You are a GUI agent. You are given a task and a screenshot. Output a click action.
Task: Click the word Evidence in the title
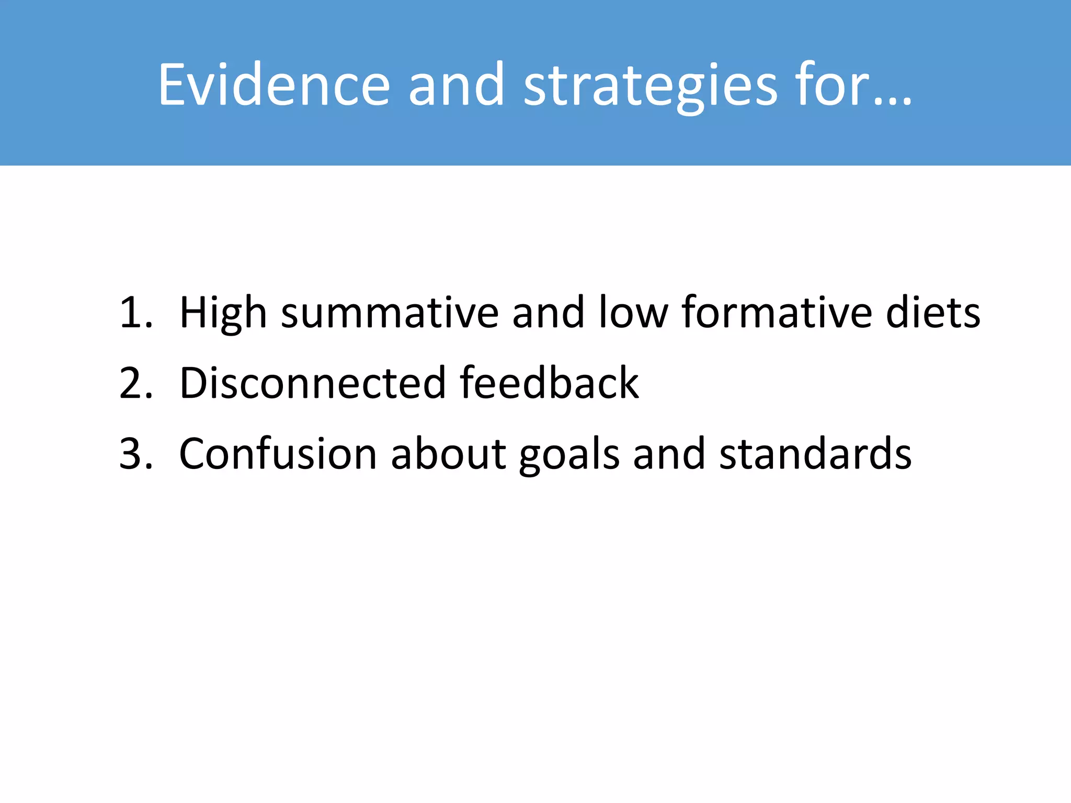(274, 85)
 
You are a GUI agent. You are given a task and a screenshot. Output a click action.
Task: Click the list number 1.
(135, 313)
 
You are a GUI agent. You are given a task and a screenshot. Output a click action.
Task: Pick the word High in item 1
(223, 313)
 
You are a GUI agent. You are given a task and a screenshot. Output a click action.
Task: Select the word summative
(390, 313)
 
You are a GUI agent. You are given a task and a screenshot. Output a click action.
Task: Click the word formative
(777, 313)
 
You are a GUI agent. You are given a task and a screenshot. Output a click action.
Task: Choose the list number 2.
(135, 383)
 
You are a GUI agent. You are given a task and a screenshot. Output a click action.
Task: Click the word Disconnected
(312, 383)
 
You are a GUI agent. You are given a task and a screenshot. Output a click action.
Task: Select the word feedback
(549, 383)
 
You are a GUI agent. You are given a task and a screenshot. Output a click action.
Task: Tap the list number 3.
(135, 454)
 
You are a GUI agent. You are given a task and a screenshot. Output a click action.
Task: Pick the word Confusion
(278, 454)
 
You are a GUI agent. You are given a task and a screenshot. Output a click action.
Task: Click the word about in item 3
(448, 454)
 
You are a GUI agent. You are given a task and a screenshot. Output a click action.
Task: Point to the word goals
(569, 454)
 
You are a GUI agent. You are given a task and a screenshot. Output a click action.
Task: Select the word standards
(815, 454)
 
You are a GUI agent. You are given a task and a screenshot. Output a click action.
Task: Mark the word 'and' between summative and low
(548, 313)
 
